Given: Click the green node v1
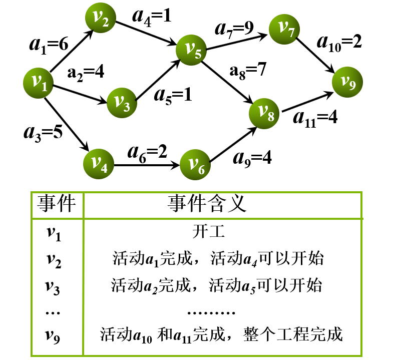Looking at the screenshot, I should pos(38,83).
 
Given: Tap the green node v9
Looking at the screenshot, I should pos(348,82).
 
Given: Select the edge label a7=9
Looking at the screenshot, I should pos(235,29).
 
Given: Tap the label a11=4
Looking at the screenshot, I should pos(315,118).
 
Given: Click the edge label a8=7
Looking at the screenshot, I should pos(246,70).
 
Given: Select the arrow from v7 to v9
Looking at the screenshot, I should pos(317,56).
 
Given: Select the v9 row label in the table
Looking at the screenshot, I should pos(53,333).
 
